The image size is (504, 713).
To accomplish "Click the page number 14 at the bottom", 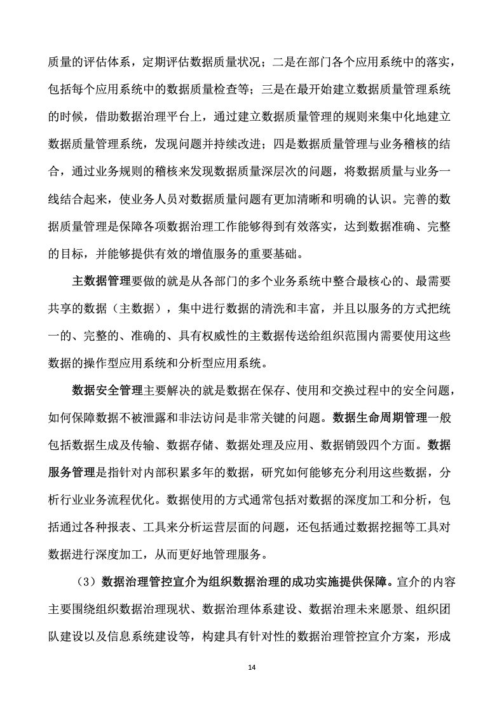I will (252, 667).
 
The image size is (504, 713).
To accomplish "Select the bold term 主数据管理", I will (102, 282).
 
